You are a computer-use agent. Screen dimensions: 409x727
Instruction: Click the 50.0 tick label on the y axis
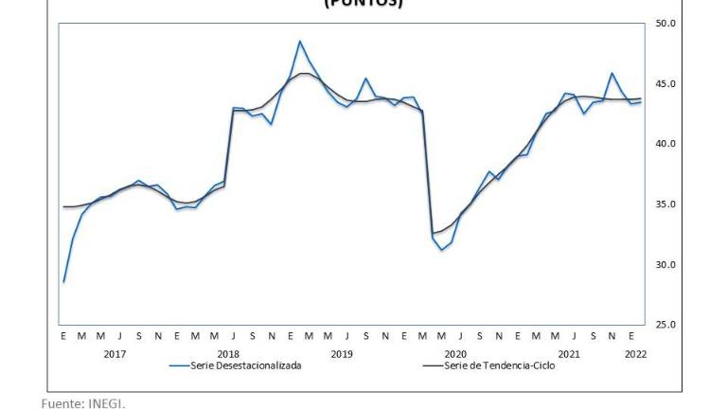click(x=665, y=24)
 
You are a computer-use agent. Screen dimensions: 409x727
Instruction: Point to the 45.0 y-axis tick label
click(x=665, y=84)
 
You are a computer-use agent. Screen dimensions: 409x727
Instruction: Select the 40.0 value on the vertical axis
click(x=665, y=144)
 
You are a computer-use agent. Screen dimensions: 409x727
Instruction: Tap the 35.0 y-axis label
click(x=665, y=204)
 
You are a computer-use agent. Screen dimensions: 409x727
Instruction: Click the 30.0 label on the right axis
click(x=665, y=264)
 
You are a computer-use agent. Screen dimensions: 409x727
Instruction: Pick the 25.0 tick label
click(x=665, y=325)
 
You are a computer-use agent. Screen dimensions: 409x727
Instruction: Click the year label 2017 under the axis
click(x=115, y=354)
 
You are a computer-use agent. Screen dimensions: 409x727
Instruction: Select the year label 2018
click(x=228, y=354)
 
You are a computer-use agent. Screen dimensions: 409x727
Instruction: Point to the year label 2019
click(x=342, y=354)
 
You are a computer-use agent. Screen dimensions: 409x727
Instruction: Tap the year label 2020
click(x=455, y=354)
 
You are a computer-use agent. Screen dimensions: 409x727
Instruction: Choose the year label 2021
click(x=569, y=354)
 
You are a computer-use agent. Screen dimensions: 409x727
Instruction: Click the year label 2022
click(x=635, y=354)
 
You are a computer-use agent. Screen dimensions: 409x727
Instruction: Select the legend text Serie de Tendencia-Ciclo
click(x=499, y=365)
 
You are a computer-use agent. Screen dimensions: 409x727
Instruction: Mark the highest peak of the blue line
click(x=300, y=41)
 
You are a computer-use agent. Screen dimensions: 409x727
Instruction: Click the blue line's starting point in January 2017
click(x=63, y=282)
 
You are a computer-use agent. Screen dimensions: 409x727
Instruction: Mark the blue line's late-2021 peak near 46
click(x=612, y=73)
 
